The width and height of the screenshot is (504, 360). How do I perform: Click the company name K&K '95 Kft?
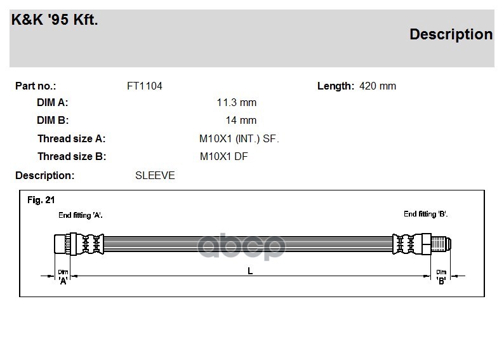[x=55, y=20]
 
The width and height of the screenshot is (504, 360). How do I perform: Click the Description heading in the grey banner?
[x=451, y=34]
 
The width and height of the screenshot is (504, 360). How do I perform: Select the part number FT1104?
[x=145, y=86]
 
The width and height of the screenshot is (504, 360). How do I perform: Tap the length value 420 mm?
[x=378, y=86]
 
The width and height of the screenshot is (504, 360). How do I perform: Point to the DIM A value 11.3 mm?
[x=237, y=102]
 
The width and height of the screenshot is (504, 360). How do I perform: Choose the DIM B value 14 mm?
[x=241, y=120]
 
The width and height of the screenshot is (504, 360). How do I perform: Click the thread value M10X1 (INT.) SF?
[x=239, y=139]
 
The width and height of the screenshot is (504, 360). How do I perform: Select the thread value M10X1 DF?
[x=223, y=157]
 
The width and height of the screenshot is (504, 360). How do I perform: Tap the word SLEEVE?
[x=155, y=175]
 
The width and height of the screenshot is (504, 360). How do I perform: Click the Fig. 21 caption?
[x=41, y=200]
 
